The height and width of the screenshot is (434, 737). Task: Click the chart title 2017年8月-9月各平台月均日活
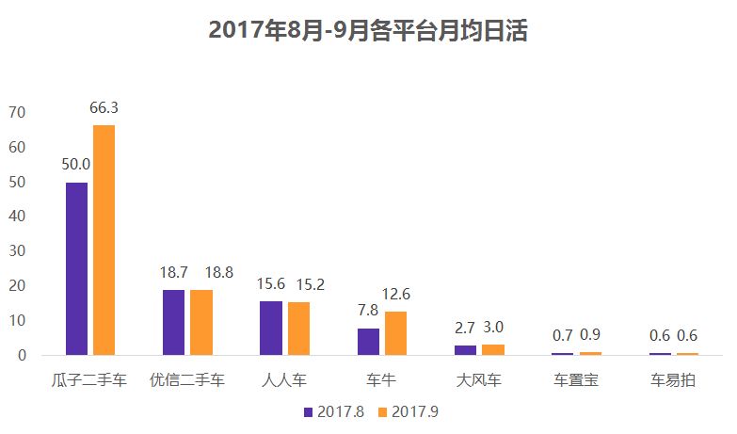(x=368, y=31)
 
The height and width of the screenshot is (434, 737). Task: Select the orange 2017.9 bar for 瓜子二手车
(x=104, y=240)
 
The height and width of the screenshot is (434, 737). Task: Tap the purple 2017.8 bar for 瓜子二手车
(x=76, y=268)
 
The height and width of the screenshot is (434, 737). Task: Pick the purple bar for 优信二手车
(x=173, y=322)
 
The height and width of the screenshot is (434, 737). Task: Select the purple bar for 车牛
(x=368, y=341)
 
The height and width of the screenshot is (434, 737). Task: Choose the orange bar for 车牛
(x=395, y=332)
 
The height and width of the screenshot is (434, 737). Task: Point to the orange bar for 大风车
(x=493, y=349)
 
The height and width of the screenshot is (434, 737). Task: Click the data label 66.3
(x=104, y=108)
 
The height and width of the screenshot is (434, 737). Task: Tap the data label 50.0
(x=76, y=165)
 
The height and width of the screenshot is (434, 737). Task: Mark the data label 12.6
(x=395, y=295)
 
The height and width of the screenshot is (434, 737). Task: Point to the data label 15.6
(x=271, y=283)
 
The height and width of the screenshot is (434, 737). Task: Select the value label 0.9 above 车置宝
(x=591, y=335)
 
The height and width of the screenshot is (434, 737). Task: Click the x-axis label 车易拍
(x=673, y=381)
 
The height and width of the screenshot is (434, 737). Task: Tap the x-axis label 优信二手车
(x=187, y=381)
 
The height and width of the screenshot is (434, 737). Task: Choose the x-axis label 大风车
(x=479, y=381)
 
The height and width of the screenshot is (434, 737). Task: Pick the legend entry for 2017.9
(x=408, y=411)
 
